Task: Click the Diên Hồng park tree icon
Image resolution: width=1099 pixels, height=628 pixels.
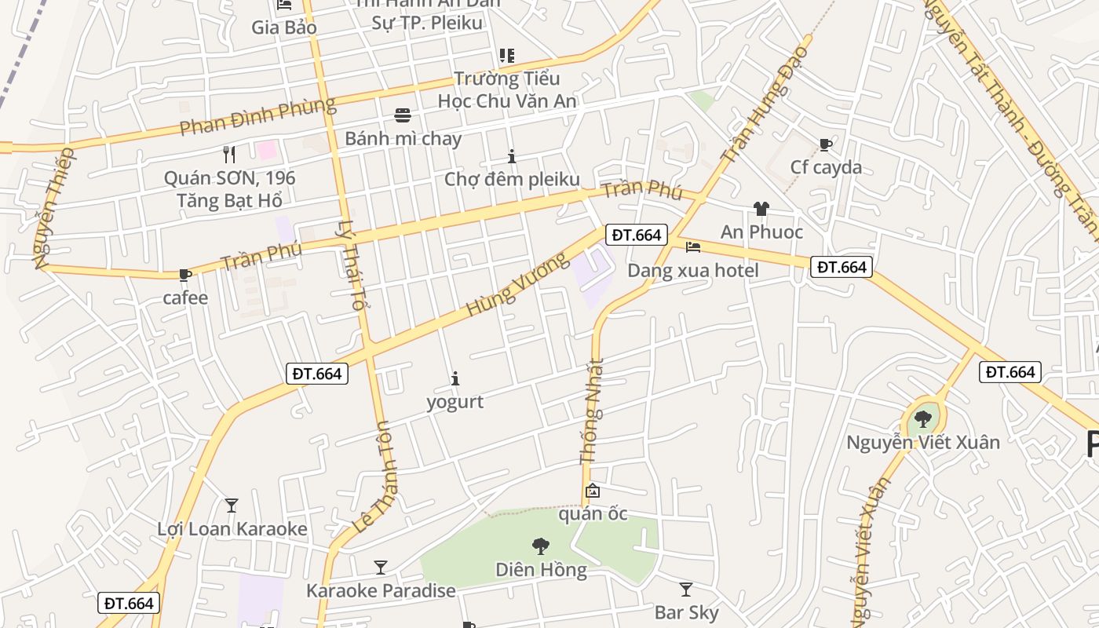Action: tap(540, 546)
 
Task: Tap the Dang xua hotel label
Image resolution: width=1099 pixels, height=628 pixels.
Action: tap(692, 271)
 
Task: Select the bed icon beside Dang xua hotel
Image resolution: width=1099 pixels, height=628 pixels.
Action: tap(692, 247)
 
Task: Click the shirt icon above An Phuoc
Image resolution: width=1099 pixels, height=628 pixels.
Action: tap(761, 209)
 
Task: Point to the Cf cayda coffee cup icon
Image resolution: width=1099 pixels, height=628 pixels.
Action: tap(825, 144)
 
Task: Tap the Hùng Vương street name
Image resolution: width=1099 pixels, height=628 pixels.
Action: tap(516, 284)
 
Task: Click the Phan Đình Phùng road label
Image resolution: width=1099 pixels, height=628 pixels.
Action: tap(257, 116)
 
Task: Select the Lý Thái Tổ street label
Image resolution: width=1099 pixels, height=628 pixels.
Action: tap(351, 264)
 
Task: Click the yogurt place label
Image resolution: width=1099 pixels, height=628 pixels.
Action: tap(455, 402)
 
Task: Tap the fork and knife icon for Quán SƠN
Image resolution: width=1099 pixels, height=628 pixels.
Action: tap(229, 154)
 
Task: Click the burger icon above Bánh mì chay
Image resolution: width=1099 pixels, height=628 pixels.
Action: tap(403, 115)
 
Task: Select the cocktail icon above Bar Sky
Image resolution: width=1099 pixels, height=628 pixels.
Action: tap(685, 589)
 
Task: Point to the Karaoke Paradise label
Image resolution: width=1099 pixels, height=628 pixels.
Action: tap(381, 590)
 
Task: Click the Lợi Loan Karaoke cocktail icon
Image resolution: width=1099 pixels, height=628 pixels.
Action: tap(232, 505)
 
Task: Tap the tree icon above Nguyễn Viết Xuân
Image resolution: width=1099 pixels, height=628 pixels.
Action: tap(922, 418)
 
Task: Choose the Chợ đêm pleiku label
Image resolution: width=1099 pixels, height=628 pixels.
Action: tap(512, 179)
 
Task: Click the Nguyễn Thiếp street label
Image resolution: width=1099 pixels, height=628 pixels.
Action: tap(53, 208)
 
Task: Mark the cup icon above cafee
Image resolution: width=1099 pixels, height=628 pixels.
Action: tap(184, 275)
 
